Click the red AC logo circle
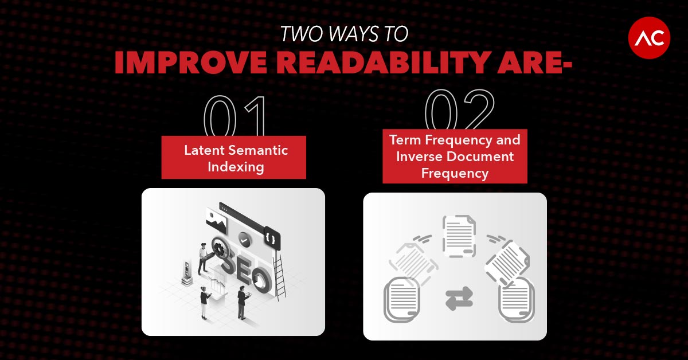point(649,38)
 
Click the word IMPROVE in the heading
point(191,62)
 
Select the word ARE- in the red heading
point(534,62)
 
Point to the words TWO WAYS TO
point(345,34)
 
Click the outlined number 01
point(234,116)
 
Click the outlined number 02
point(459,109)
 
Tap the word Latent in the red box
point(204,150)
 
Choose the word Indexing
point(236,167)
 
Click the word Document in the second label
point(480,156)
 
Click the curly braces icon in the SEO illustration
point(272,237)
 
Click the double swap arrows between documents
point(459,298)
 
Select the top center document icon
point(459,236)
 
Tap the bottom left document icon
point(402,299)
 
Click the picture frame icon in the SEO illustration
point(217,221)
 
